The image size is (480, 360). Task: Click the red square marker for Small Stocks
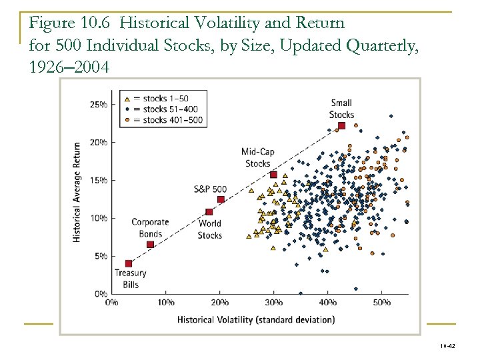coord(341,125)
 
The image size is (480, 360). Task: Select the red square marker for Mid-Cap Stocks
coord(273,175)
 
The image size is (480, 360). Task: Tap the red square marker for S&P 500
coord(221,199)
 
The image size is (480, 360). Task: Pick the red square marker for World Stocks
coord(209,212)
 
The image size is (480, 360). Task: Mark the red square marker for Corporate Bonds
coord(150,245)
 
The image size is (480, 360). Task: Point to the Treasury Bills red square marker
coord(129,263)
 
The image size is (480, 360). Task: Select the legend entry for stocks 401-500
coord(166,120)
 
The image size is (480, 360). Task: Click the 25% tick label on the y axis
coord(98,105)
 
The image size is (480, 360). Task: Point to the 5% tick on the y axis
coord(100,256)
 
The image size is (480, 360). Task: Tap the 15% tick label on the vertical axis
coord(98,181)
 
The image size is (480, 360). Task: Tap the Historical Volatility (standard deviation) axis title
coord(256,319)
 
